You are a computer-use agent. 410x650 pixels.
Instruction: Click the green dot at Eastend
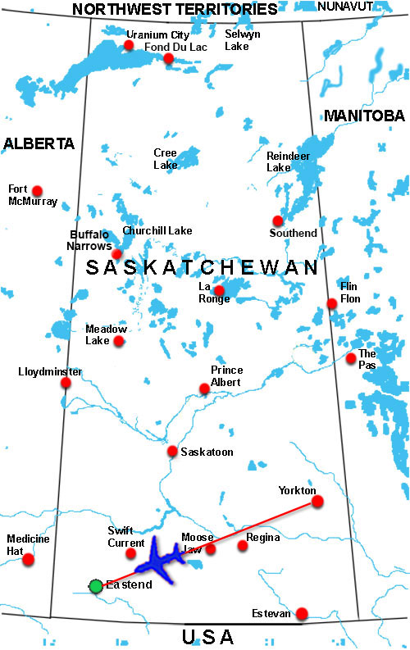(96, 585)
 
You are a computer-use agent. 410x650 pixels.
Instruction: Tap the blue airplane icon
(162, 561)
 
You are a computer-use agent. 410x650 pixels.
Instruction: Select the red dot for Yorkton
(317, 501)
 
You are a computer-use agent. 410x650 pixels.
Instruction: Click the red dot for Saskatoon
(172, 451)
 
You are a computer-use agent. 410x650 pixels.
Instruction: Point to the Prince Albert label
(226, 375)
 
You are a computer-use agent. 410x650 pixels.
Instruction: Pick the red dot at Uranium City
(129, 45)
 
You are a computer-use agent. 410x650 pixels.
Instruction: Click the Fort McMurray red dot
(36, 188)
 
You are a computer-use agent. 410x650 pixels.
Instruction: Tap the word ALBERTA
(39, 143)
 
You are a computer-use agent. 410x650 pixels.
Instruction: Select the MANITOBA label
(364, 116)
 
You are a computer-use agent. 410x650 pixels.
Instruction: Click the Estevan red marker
(302, 613)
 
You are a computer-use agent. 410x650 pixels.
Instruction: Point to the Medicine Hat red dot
(29, 559)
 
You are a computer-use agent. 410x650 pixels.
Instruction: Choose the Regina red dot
(242, 545)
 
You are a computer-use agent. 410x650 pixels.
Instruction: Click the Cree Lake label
(165, 158)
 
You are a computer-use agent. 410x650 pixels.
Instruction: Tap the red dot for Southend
(278, 220)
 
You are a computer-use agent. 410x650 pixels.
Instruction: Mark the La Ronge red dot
(219, 290)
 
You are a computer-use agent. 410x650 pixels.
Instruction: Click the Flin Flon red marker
(332, 303)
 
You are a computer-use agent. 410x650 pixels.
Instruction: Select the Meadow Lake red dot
(119, 341)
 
